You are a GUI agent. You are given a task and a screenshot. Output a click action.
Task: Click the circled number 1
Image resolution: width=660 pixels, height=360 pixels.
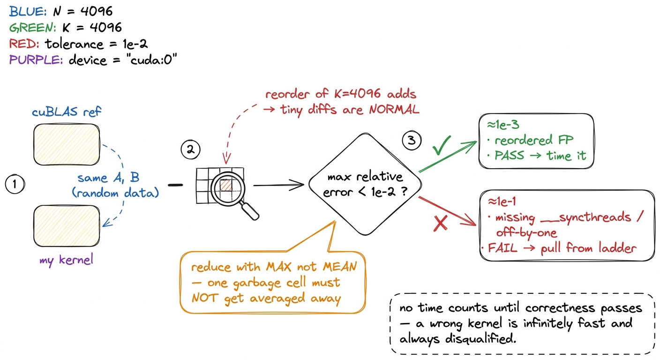tap(15, 184)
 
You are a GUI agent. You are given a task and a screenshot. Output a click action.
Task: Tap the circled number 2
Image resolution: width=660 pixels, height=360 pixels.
tap(190, 150)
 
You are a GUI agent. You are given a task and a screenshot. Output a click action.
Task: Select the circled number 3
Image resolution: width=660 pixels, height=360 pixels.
tap(412, 140)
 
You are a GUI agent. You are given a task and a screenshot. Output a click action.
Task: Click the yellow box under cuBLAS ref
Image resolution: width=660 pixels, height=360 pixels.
tap(67, 144)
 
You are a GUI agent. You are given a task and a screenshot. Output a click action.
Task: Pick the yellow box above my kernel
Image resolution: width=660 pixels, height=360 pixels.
tap(67, 226)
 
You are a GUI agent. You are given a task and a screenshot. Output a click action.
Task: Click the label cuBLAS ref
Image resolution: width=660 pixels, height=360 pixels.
tap(66, 112)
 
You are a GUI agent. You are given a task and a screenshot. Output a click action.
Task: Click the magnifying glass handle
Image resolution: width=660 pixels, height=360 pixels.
tap(250, 211)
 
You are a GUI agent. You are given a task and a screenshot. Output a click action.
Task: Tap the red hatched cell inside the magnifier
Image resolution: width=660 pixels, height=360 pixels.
tap(226, 185)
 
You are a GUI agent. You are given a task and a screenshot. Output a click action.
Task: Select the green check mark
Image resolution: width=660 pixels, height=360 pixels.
tap(442, 145)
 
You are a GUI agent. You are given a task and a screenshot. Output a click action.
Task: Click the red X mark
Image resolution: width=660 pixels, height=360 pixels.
tap(441, 223)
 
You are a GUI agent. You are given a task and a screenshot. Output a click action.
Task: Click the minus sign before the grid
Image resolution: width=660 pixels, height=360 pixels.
tap(175, 185)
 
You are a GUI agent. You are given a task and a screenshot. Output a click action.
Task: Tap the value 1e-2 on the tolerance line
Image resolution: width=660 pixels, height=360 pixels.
tap(135, 44)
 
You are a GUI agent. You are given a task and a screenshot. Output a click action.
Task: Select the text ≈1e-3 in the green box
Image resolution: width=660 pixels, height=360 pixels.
tap(503, 125)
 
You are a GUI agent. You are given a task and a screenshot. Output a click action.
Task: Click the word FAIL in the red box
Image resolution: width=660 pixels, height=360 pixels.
tap(502, 248)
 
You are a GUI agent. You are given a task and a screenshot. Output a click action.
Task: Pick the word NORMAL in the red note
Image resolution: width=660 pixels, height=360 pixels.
tap(394, 110)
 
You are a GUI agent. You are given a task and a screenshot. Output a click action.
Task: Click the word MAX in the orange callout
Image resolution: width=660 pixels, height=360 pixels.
tap(278, 267)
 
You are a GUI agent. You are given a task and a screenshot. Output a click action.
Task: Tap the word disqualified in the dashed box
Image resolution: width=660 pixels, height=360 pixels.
tap(480, 339)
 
